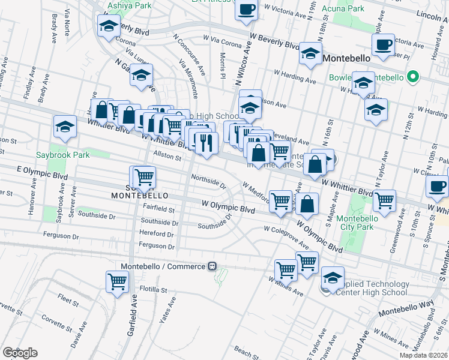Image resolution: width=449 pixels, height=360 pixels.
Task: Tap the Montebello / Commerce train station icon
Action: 212,266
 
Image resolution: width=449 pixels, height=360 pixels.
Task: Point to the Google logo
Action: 20,352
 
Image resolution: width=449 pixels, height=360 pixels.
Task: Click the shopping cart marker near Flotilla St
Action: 117,281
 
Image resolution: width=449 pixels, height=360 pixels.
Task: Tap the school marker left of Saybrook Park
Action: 65,127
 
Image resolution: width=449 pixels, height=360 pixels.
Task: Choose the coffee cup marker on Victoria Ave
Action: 382,44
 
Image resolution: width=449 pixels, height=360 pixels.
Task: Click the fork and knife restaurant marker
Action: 204,143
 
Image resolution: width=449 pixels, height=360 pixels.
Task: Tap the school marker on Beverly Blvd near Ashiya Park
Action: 108,26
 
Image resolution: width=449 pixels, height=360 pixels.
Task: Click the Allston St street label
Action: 169,157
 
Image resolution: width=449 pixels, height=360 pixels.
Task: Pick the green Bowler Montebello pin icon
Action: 412,77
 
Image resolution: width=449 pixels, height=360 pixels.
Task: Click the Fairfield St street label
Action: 159,210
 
